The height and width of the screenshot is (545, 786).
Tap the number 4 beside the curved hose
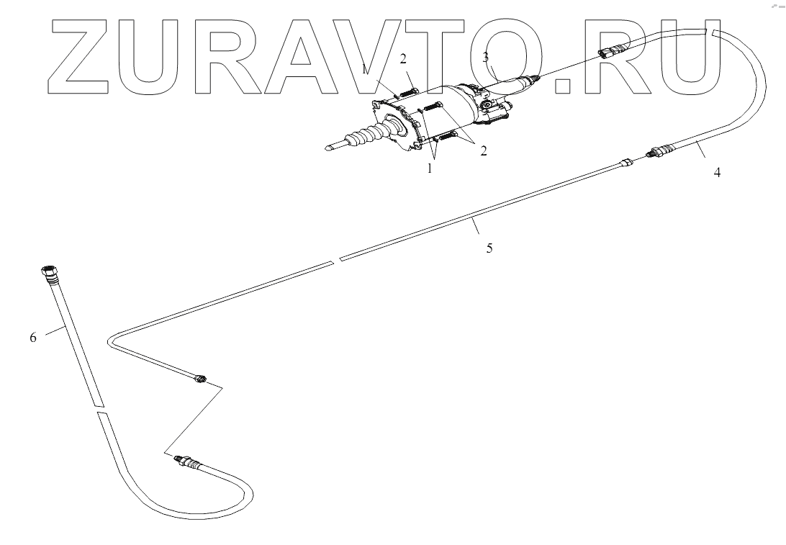click(717, 173)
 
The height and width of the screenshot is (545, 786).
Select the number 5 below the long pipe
click(489, 248)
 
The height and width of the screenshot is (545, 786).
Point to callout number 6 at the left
click(33, 337)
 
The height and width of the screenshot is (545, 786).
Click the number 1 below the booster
click(430, 168)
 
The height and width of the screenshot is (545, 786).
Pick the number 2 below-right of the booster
click(483, 150)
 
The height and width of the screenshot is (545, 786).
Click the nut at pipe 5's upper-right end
click(626, 163)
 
